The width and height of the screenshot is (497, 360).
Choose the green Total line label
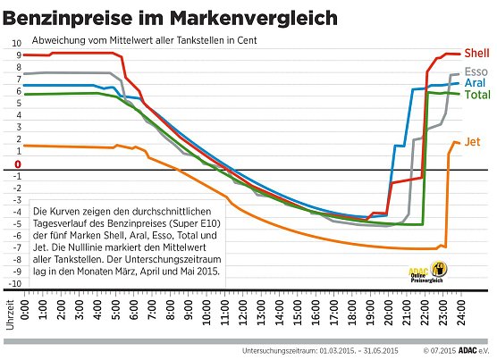point(477,94)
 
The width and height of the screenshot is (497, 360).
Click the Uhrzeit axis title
point(11,326)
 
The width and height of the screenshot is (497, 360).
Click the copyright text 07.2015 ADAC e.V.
point(455,351)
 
